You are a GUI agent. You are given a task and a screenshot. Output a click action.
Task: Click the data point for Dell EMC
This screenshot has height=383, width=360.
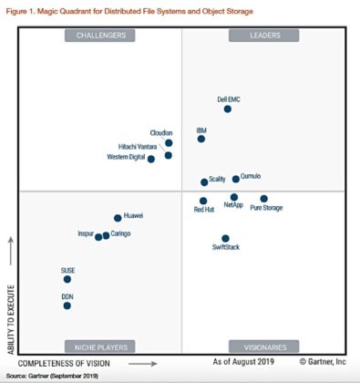click(x=227, y=109)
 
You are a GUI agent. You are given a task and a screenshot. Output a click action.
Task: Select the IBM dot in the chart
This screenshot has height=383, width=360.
click(x=201, y=140)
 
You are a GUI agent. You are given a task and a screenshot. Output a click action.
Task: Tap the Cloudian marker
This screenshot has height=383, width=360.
click(x=169, y=143)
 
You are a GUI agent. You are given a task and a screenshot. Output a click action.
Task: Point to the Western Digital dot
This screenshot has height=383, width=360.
click(x=151, y=159)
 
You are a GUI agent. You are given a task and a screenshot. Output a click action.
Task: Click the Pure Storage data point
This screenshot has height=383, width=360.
click(x=264, y=198)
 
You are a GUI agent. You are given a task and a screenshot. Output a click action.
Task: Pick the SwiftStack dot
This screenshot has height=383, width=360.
click(x=226, y=239)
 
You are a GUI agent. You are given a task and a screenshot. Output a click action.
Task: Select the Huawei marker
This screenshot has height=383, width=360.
click(x=118, y=218)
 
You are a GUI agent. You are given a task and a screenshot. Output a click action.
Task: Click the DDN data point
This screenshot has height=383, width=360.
click(x=67, y=306)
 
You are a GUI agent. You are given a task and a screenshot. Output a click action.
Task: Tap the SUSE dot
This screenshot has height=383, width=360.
click(x=67, y=279)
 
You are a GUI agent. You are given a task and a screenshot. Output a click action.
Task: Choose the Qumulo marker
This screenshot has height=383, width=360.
click(x=236, y=179)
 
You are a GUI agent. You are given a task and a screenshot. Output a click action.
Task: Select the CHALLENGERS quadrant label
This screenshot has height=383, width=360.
click(x=99, y=36)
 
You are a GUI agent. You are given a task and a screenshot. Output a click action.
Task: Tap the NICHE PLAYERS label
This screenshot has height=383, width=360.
click(x=99, y=347)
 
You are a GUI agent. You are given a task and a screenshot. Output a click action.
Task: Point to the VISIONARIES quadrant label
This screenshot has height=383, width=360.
click(x=263, y=347)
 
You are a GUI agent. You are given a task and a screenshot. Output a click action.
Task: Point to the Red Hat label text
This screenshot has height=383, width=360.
click(x=204, y=210)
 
